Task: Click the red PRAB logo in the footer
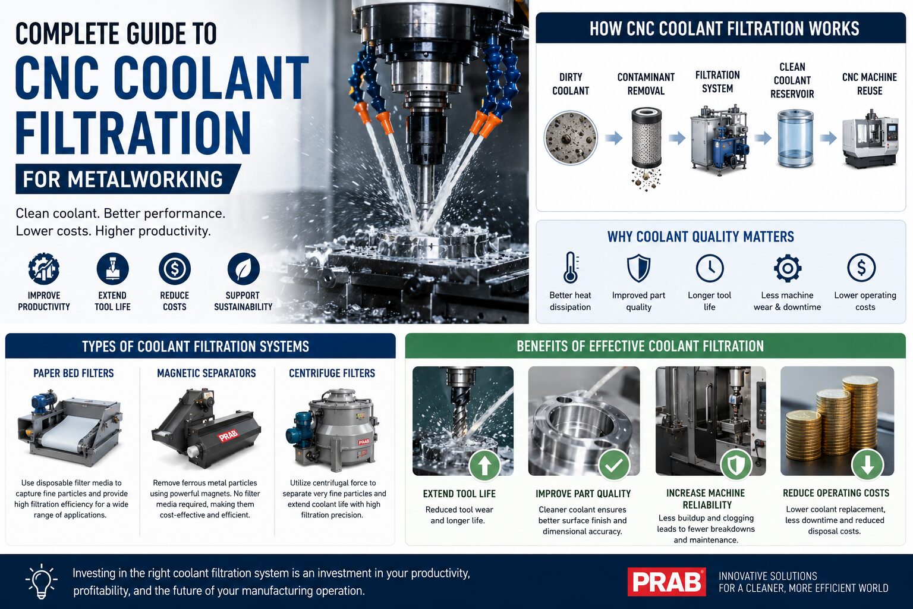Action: click(666, 581)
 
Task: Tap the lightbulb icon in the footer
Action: click(41, 581)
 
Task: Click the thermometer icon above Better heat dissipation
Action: click(571, 268)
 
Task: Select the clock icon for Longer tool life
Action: click(710, 268)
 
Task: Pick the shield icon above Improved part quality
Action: click(638, 268)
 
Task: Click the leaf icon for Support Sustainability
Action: click(243, 268)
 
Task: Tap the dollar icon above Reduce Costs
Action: click(174, 268)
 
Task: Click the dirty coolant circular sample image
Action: click(571, 138)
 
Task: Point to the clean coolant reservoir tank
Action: click(795, 139)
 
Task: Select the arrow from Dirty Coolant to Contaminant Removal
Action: click(613, 139)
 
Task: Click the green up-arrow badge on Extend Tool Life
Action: click(484, 466)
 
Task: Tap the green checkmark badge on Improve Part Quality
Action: click(614, 465)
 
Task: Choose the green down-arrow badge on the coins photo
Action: click(867, 465)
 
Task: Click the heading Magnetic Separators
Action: click(206, 373)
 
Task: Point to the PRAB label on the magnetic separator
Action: click(228, 436)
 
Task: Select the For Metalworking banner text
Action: click(122, 179)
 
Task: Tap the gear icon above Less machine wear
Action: click(788, 268)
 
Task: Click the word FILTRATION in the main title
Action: click(133, 133)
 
